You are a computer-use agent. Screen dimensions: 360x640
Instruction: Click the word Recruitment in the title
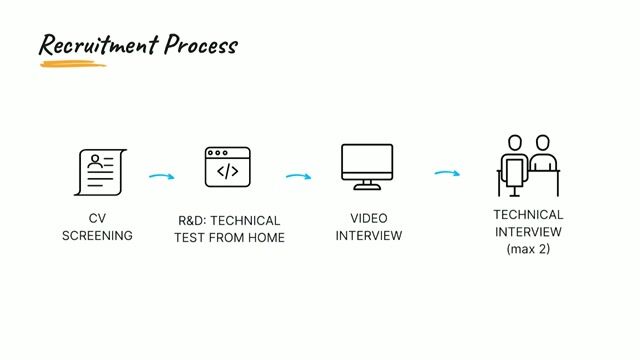99,45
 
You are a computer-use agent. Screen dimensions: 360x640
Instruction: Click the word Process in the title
201,45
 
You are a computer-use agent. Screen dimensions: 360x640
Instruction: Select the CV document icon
100,172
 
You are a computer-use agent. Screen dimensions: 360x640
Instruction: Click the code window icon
227,167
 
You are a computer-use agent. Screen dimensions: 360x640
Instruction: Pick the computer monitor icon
367,166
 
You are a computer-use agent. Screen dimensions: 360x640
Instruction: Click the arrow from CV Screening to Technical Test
161,177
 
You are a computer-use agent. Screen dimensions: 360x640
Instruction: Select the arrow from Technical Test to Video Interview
298,177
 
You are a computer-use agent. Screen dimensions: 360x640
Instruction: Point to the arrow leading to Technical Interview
447,174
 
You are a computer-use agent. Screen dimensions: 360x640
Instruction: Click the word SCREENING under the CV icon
97,236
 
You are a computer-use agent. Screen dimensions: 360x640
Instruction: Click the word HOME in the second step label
267,237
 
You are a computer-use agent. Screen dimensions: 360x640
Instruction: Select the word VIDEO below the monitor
369,218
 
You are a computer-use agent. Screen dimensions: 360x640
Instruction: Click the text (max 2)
528,249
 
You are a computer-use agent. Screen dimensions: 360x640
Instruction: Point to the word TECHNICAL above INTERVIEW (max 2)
528,214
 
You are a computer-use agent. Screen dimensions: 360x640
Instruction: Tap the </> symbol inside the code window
227,171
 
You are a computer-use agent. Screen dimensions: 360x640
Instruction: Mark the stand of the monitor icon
367,184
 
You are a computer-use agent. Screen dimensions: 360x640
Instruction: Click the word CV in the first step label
97,219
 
